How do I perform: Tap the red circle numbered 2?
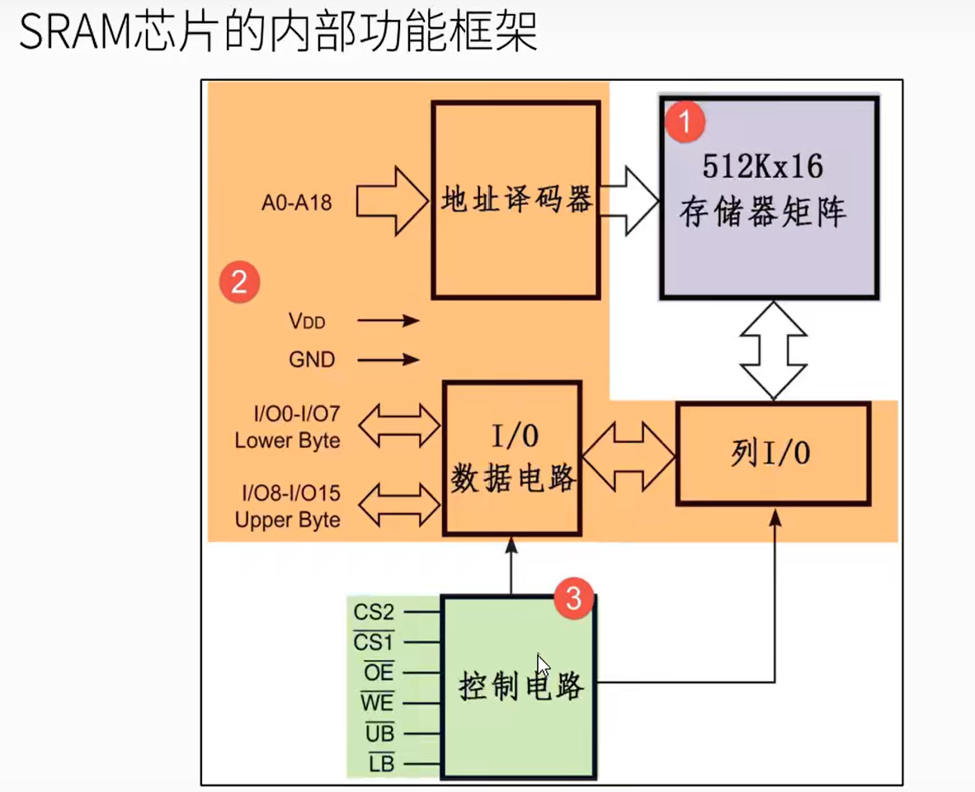click(x=239, y=282)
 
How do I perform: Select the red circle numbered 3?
click(x=573, y=598)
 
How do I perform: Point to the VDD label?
click(x=306, y=321)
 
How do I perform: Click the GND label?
click(x=312, y=360)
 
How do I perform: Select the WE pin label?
click(x=377, y=704)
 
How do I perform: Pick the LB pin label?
click(x=381, y=764)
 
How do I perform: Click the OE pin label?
click(x=379, y=673)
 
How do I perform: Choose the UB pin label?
click(x=379, y=733)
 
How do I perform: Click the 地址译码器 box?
click(x=516, y=200)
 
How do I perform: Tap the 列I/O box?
click(x=773, y=454)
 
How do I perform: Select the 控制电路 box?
click(x=519, y=686)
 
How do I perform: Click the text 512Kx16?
click(x=762, y=167)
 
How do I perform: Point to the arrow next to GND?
click(x=399, y=360)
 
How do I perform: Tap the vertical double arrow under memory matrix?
click(x=773, y=351)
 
